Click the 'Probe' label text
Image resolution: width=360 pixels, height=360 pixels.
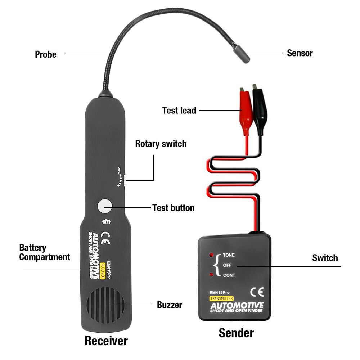[x=46, y=54]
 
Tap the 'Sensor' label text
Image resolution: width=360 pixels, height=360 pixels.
[x=300, y=53]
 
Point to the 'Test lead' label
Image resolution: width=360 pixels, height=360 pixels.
[x=179, y=110]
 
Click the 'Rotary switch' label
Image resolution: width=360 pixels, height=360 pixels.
[x=161, y=144]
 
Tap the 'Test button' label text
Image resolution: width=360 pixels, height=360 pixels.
[x=173, y=208]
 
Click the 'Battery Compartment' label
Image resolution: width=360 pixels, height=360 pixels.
[x=44, y=252]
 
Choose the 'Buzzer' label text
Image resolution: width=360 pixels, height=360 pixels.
[x=170, y=305]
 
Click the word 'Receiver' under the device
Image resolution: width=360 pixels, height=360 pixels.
[x=106, y=341]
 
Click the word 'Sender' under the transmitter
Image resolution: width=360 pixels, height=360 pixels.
[x=236, y=333]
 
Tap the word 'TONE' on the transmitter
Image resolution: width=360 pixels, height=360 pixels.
[x=229, y=255]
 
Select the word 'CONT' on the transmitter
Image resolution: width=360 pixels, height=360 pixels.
[x=229, y=275]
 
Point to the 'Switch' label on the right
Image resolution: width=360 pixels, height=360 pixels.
[x=325, y=258]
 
